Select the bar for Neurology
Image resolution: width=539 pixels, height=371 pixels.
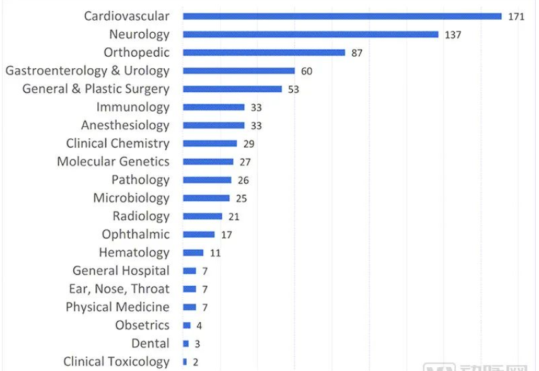point(311,35)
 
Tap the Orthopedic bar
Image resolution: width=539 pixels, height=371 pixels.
point(264,53)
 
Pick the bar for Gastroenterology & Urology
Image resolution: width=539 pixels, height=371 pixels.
point(239,71)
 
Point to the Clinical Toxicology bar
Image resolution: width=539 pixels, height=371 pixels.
point(185,362)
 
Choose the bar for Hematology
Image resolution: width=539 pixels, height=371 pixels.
point(193,253)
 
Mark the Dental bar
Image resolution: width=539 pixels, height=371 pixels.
point(186,344)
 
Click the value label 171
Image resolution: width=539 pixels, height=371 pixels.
point(516,16)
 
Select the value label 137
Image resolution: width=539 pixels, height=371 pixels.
point(453,35)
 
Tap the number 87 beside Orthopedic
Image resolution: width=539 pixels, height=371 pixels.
point(357,53)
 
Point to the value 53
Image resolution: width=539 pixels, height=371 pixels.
point(293,90)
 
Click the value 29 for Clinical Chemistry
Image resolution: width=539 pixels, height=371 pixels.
point(249,144)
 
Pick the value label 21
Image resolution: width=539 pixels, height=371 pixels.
point(234,216)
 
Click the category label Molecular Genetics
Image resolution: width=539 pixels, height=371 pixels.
point(113,162)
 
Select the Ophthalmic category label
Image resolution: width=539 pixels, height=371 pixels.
point(136,234)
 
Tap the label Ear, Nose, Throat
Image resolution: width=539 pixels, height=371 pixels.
point(119,289)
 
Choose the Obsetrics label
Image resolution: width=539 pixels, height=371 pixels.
point(142,326)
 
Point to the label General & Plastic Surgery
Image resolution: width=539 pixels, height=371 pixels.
point(96,89)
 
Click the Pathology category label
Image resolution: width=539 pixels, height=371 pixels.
point(140,180)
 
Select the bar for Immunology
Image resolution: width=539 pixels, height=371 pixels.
point(213,107)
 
